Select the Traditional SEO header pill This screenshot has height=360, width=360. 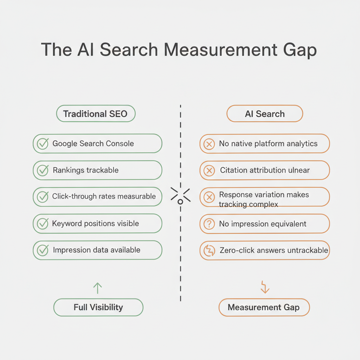96,114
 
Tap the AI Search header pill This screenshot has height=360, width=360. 265,114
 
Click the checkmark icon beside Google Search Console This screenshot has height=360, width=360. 43,143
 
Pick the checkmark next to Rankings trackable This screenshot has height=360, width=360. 43,171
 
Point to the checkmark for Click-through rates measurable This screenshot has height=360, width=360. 43,197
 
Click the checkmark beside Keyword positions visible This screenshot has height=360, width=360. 43,224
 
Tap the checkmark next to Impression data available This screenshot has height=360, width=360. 43,250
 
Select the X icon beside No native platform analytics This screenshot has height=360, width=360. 209,144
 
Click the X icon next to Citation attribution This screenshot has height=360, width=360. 209,171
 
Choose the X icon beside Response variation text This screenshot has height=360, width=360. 209,197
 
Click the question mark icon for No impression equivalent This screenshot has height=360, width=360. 209,224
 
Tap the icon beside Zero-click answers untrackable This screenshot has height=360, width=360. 209,251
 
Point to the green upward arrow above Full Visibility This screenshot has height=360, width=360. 97,288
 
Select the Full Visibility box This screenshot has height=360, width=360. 98,307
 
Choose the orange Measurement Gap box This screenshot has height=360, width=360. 264,308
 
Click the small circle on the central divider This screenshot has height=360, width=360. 180,201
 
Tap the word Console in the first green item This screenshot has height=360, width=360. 119,143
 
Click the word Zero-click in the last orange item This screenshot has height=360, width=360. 236,250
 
